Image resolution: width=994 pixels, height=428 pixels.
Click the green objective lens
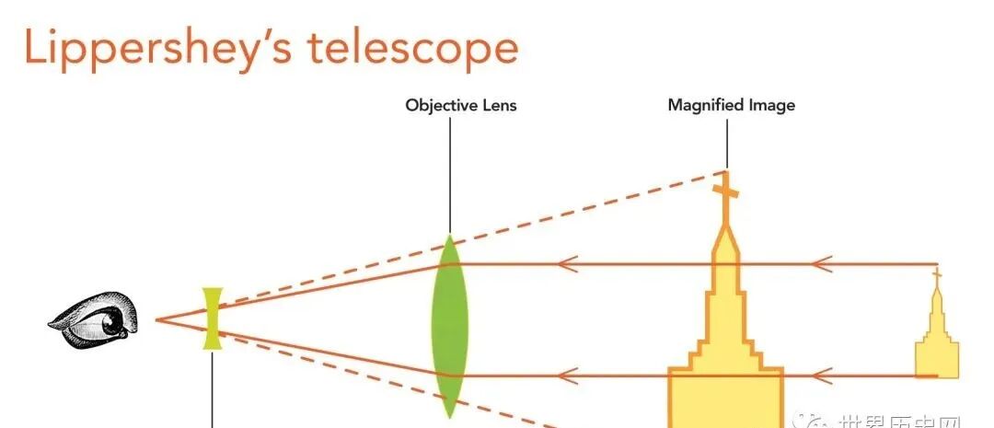[x=449, y=327]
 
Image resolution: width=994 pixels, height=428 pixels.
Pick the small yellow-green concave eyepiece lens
[x=214, y=318]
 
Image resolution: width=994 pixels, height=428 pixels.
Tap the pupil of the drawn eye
[x=113, y=323]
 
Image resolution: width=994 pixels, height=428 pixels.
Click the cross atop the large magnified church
[x=726, y=191]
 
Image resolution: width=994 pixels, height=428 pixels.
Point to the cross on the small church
[x=937, y=274]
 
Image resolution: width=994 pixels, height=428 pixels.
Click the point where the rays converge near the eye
[x=157, y=319]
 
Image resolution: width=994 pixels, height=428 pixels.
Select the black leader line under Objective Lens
[x=450, y=175]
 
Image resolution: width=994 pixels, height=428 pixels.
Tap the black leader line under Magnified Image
[x=726, y=143]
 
